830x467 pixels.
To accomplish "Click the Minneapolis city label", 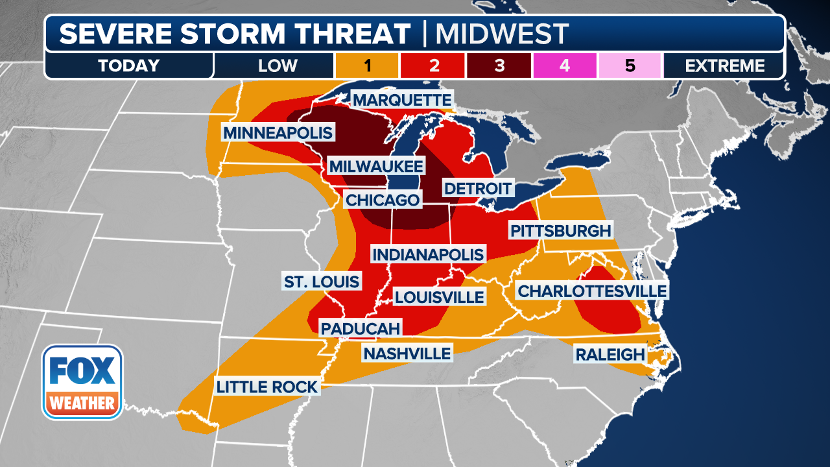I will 278,133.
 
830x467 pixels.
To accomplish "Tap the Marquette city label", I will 402,101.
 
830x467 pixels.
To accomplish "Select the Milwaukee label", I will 375,166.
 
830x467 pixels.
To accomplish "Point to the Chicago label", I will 383,200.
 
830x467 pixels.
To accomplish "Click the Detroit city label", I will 478,189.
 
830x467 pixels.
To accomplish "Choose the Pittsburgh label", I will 560,231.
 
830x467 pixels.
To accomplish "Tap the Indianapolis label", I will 428,254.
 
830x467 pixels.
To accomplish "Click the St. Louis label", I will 322,282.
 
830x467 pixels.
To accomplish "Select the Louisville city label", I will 440,297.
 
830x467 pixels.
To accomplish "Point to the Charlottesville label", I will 591,291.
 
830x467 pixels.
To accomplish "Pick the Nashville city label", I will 407,353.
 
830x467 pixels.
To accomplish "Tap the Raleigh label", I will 610,355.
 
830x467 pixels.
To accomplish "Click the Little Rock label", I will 267,387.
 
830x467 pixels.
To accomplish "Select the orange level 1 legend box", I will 366,66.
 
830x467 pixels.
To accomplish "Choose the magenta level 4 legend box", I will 564,66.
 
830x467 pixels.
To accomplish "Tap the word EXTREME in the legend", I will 724,66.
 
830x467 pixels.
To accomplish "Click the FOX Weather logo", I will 82,381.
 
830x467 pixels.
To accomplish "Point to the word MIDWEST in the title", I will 501,34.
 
